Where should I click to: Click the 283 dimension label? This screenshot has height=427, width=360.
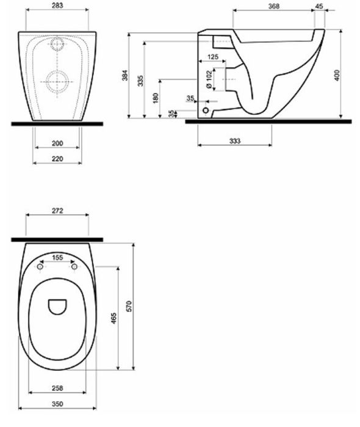click(x=57, y=5)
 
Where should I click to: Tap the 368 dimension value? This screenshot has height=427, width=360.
click(x=274, y=6)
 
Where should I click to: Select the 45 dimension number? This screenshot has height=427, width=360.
click(x=319, y=5)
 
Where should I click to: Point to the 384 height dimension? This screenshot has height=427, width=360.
click(x=124, y=75)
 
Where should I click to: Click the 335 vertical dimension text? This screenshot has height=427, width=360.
click(x=140, y=81)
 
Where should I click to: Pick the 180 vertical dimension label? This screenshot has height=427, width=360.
click(x=156, y=98)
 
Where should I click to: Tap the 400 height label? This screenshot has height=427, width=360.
click(x=337, y=75)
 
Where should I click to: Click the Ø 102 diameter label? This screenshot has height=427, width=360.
click(x=209, y=79)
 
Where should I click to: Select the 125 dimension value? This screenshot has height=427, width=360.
click(x=213, y=57)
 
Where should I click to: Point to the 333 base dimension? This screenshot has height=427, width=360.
click(x=235, y=141)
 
